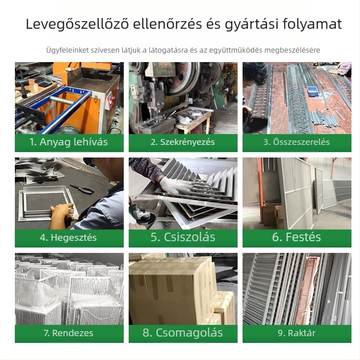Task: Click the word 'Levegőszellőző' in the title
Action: [77, 24]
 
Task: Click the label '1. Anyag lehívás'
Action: [68, 142]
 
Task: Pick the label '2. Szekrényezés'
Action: [183, 142]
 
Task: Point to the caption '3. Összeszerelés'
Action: [297, 142]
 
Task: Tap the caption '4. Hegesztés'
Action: [68, 238]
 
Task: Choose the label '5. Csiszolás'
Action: [183, 237]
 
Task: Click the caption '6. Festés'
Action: [297, 237]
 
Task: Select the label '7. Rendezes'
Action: [68, 333]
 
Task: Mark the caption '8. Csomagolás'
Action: [183, 333]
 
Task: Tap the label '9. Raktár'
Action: [297, 333]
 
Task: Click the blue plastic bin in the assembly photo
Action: [313, 91]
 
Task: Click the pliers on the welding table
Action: [82, 189]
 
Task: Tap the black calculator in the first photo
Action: [44, 81]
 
